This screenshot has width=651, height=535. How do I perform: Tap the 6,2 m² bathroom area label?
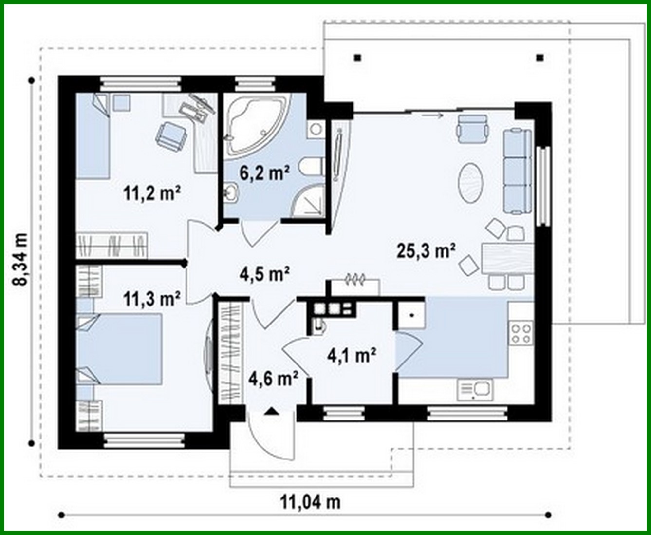[264, 172]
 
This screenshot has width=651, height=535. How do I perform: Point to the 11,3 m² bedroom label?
[152, 298]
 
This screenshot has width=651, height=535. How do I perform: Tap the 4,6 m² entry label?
[273, 378]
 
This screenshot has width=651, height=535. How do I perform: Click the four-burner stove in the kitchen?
[521, 334]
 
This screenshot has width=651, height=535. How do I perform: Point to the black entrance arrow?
[271, 412]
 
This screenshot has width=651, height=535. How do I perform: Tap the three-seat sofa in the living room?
[517, 171]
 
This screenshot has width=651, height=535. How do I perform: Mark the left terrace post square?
[357, 57]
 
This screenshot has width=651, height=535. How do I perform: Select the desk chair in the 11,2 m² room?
[171, 134]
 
